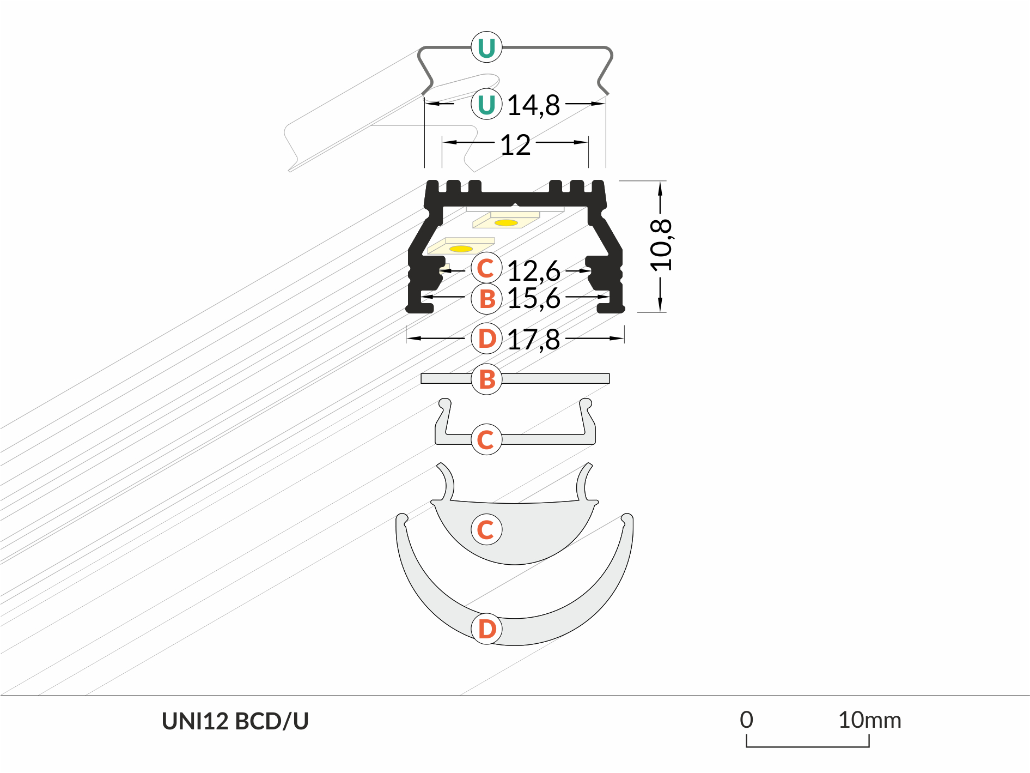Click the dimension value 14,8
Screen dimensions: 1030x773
click(x=533, y=106)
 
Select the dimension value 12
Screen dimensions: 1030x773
click(x=515, y=145)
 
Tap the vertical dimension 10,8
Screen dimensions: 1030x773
click(x=661, y=246)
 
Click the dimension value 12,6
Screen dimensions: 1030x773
click(x=534, y=271)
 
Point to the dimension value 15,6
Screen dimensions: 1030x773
click(x=534, y=299)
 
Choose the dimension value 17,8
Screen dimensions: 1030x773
click(x=534, y=340)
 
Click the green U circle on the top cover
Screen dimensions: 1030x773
click(x=486, y=47)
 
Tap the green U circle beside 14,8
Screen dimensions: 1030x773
click(x=486, y=104)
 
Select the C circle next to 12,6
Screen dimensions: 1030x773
click(x=486, y=268)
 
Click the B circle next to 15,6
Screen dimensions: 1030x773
click(x=486, y=299)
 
